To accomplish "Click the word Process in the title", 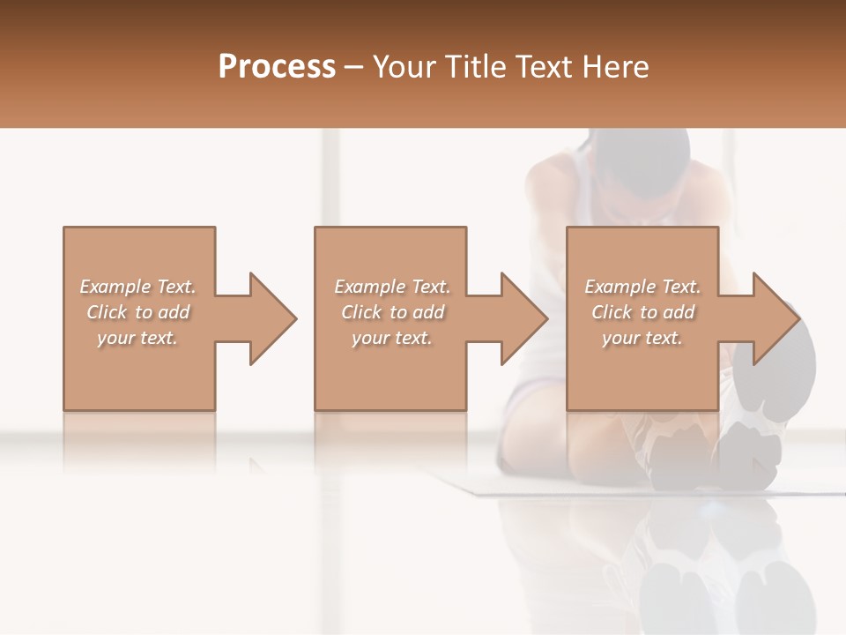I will click(x=277, y=66).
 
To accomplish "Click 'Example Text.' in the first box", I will click(x=137, y=287).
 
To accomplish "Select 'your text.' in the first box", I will click(x=137, y=338).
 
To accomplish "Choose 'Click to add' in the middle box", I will click(x=392, y=312).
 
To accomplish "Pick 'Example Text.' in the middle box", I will click(x=392, y=287).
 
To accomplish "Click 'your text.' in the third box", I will click(x=642, y=338).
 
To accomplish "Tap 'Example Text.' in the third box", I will click(x=642, y=287).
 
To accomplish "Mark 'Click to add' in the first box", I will click(x=137, y=312).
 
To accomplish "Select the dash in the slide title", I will click(x=354, y=66).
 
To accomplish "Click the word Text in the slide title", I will click(x=540, y=66).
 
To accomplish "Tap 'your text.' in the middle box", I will click(x=392, y=338).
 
